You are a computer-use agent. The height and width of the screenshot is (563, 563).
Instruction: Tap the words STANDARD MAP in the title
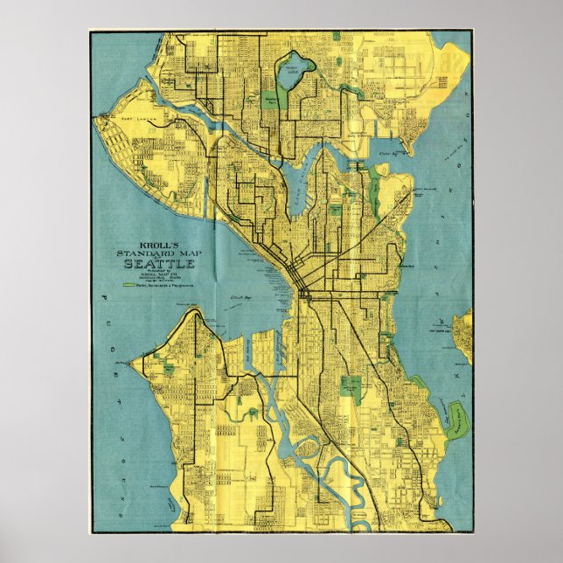[158, 254]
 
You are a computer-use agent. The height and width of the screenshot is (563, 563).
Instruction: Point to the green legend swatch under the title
[129, 285]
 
